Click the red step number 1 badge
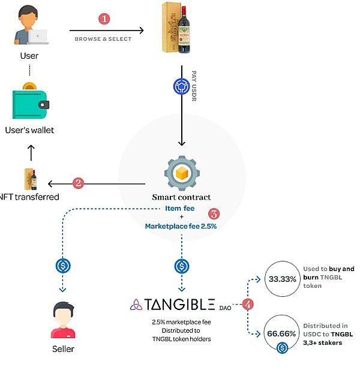[104, 19]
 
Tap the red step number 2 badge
[77, 183]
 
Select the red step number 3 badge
[213, 213]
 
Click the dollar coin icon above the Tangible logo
[181, 266]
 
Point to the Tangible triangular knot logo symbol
[136, 304]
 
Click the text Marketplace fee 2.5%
[181, 226]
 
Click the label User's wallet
[29, 130]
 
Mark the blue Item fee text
[181, 208]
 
